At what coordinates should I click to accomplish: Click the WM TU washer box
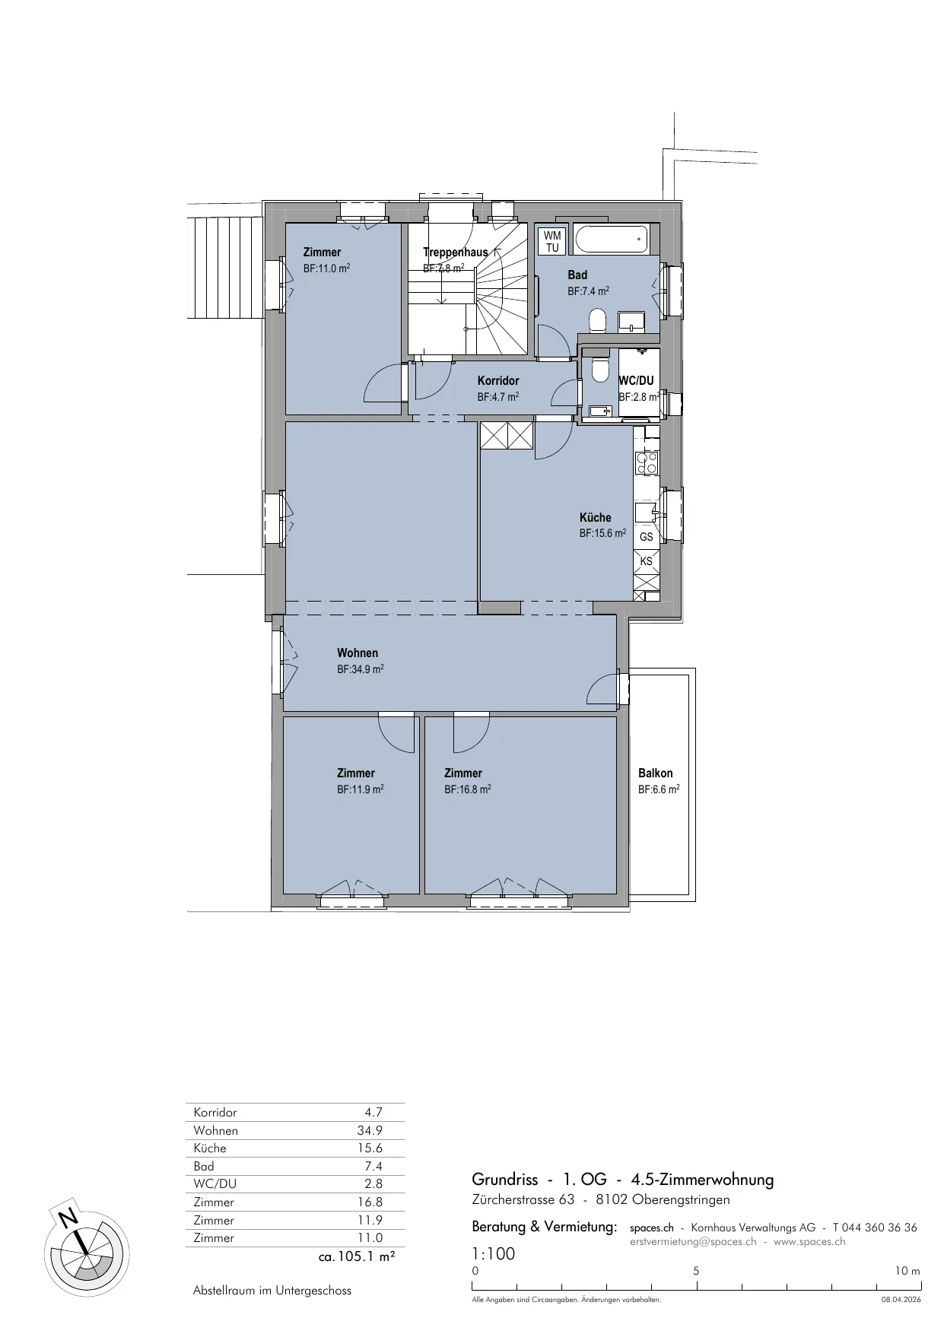pyautogui.click(x=552, y=241)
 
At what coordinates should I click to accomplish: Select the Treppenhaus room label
pyautogui.click(x=455, y=253)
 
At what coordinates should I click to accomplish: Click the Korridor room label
pyautogui.click(x=498, y=381)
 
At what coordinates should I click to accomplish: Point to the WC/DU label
pyautogui.click(x=637, y=381)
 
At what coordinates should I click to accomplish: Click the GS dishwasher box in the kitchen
pyautogui.click(x=647, y=536)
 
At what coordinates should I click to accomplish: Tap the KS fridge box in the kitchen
pyautogui.click(x=647, y=561)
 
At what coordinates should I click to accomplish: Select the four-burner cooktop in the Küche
pyautogui.click(x=647, y=463)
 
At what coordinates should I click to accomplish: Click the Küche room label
pyautogui.click(x=596, y=518)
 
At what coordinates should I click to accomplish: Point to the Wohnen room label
pyautogui.click(x=358, y=653)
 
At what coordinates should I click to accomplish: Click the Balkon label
pyautogui.click(x=656, y=773)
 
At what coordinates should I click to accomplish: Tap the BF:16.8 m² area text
pyautogui.click(x=468, y=789)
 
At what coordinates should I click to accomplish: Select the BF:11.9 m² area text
pyautogui.click(x=361, y=789)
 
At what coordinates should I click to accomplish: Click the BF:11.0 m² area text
pyautogui.click(x=326, y=268)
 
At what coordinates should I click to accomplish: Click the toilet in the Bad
pyautogui.click(x=597, y=320)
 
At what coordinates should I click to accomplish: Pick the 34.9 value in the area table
pyautogui.click(x=370, y=1131)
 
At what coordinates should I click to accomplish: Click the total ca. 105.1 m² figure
pyautogui.click(x=357, y=1257)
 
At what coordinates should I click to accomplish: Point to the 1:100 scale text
pyautogui.click(x=494, y=1254)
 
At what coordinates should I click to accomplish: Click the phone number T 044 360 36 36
pyautogui.click(x=875, y=1228)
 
